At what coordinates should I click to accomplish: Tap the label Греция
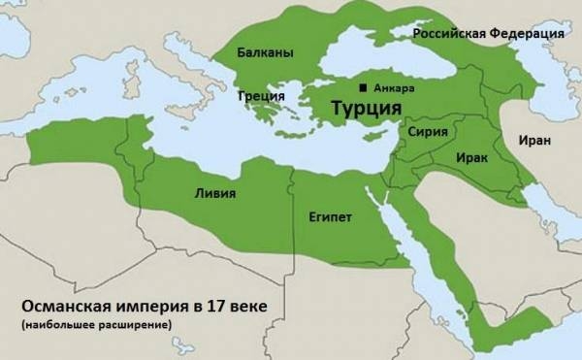(x=261, y=96)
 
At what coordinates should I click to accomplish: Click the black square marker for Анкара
(x=363, y=87)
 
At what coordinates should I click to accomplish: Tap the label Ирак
(x=470, y=155)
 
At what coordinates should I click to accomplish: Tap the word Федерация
(x=530, y=34)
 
